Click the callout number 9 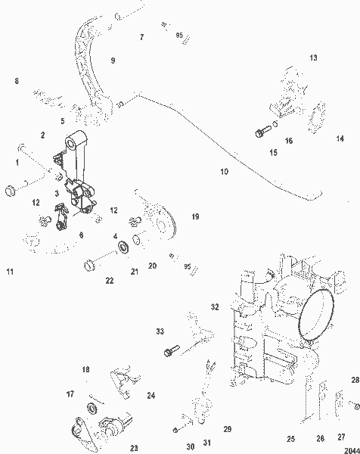[x=113, y=60]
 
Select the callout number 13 [x=314, y=58]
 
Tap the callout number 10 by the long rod [x=224, y=172]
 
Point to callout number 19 [x=195, y=217]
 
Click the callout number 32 [x=215, y=306]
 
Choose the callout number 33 [x=160, y=331]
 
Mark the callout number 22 [x=110, y=281]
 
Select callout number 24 [x=151, y=395]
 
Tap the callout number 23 [x=134, y=447]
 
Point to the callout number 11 [x=11, y=271]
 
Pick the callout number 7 [x=141, y=36]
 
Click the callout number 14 [x=339, y=138]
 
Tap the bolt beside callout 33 [x=169, y=350]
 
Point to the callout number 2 [x=42, y=135]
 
